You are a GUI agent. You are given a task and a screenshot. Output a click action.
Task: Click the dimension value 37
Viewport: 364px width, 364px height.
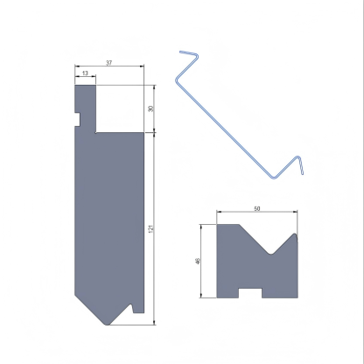pos(108,63)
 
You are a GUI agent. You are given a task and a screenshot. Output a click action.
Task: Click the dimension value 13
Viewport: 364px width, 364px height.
pos(85,74)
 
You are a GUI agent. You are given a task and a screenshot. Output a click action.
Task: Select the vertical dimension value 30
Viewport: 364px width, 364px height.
pos(151,108)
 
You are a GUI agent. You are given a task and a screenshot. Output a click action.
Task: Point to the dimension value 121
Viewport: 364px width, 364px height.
pos(151,228)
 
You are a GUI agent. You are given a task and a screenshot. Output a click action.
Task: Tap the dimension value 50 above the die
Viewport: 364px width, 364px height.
pos(256,209)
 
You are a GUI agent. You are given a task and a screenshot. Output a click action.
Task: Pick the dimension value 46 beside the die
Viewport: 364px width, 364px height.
pos(199,260)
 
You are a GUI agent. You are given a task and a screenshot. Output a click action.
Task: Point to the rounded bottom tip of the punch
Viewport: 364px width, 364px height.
pos(108,322)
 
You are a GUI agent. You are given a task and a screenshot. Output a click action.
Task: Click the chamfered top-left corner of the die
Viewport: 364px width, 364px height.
pos(219,226)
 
